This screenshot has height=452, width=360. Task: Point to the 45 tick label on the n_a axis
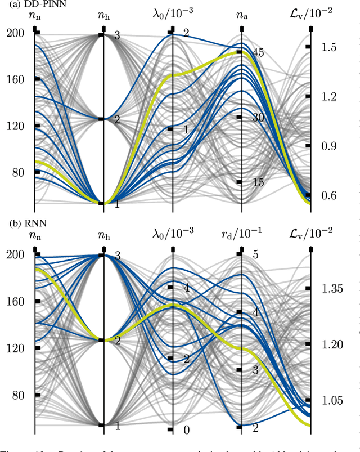click(258, 53)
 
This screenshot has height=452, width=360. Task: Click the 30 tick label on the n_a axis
click(258, 118)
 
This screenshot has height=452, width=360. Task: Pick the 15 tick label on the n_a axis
click(258, 182)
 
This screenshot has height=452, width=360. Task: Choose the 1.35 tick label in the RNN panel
click(331, 289)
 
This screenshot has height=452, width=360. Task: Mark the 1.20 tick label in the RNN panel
click(331, 344)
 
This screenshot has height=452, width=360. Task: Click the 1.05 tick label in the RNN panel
click(331, 401)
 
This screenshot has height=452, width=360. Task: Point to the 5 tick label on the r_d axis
click(255, 255)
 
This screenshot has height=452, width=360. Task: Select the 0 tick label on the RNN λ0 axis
click(187, 430)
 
